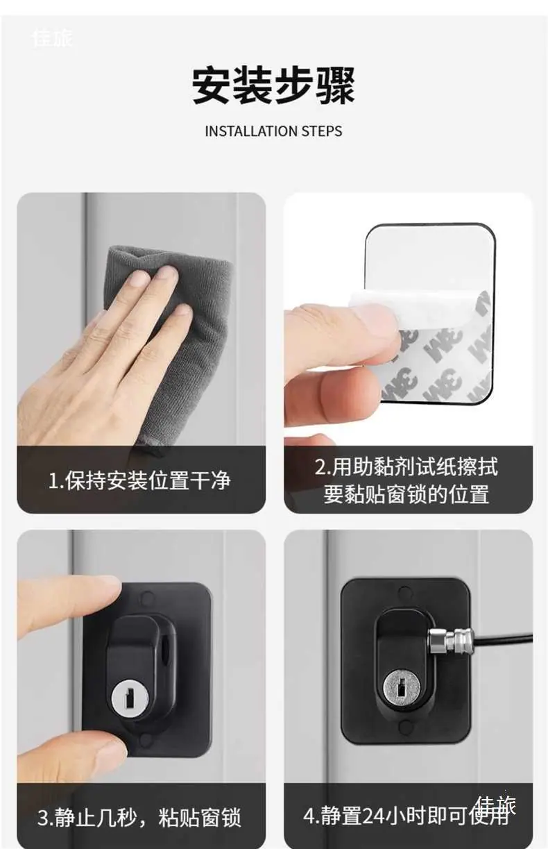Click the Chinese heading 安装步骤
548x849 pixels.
(273, 85)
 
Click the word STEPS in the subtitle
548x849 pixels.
(322, 131)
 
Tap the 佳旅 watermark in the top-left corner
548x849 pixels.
(52, 38)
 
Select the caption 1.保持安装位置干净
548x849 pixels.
(139, 480)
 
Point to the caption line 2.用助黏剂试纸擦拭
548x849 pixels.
(406, 466)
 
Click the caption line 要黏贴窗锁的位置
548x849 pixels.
(406, 494)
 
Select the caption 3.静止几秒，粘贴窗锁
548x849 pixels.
(139, 817)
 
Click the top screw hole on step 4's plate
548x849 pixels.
(404, 591)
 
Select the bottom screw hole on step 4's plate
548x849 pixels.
(404, 725)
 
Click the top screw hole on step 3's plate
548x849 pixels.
(146, 599)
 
